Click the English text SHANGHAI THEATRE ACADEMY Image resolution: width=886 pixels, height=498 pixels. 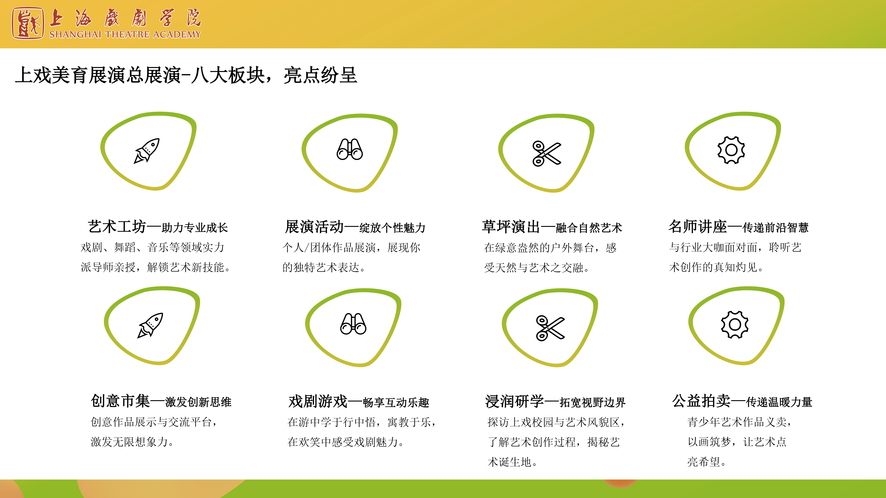(x=125, y=34)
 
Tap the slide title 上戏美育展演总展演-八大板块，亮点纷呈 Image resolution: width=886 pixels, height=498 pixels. (x=186, y=75)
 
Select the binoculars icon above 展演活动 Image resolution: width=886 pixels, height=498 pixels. (x=350, y=149)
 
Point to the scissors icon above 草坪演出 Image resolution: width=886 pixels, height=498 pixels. (x=546, y=153)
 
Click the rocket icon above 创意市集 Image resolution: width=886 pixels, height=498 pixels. (x=150, y=325)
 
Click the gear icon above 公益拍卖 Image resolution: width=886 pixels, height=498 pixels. (x=735, y=324)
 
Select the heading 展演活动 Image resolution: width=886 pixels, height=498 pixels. (x=314, y=227)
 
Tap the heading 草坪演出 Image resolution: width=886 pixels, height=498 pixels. (x=511, y=227)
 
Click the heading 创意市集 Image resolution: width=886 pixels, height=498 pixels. (x=120, y=401)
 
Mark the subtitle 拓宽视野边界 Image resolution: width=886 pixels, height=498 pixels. (x=593, y=402)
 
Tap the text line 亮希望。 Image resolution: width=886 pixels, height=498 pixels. (x=706, y=461)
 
